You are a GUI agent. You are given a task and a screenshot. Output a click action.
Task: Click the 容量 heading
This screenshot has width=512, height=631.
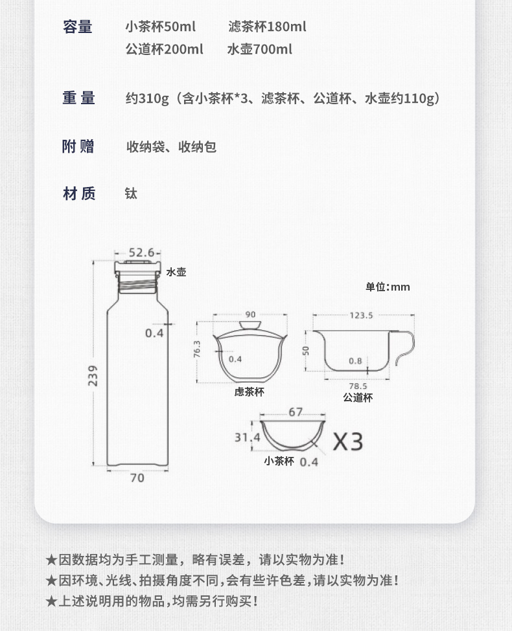tap(77, 27)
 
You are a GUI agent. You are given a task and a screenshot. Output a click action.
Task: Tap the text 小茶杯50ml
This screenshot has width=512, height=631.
tap(161, 27)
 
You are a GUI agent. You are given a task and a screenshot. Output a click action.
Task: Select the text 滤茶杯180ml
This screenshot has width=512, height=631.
tap(267, 27)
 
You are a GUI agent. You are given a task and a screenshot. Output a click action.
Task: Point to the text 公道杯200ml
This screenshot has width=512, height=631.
tap(164, 49)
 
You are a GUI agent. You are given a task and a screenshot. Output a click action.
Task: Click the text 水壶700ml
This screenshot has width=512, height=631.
tap(260, 49)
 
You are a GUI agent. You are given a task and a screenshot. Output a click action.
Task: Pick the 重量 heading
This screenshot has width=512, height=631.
tap(78, 98)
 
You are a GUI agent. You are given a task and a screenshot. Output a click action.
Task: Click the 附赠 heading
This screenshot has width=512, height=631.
tap(78, 146)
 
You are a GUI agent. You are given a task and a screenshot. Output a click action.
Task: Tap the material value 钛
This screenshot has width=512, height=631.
tap(131, 194)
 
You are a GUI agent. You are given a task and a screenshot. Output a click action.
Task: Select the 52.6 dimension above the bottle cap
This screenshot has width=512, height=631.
tap(141, 252)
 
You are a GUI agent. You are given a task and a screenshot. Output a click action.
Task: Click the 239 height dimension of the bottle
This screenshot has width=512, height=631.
tap(93, 375)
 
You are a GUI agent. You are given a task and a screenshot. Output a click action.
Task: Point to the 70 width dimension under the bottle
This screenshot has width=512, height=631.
tap(137, 478)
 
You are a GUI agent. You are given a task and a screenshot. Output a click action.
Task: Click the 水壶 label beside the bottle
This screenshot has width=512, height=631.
tap(176, 272)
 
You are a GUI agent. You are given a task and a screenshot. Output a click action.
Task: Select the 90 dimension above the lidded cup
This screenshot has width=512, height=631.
tap(250, 315)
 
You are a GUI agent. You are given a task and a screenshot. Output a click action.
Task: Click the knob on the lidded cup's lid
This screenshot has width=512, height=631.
tap(250, 325)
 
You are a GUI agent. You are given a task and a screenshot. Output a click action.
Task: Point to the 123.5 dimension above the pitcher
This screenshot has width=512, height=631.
tap(361, 315)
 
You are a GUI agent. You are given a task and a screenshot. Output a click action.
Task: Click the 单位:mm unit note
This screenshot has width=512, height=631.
tap(388, 287)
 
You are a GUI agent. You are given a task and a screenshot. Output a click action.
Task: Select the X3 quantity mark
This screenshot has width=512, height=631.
tap(347, 441)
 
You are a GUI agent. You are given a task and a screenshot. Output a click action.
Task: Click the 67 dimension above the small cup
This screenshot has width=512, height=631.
tap(296, 412)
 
